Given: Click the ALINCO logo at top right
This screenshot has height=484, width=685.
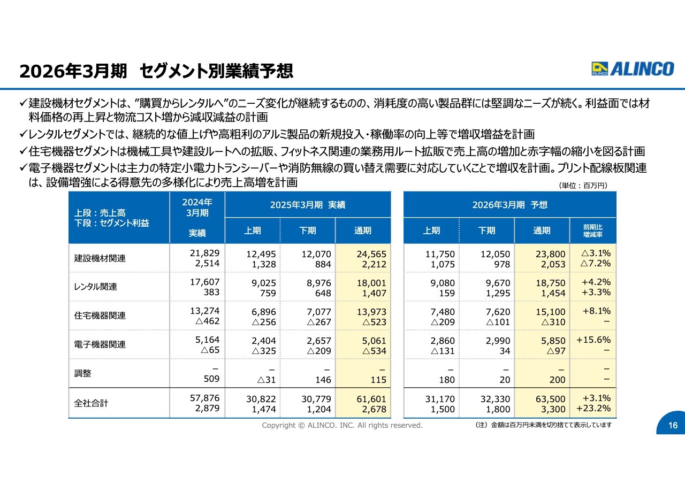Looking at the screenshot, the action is [633, 69].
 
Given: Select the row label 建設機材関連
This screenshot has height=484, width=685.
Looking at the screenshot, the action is [100, 258].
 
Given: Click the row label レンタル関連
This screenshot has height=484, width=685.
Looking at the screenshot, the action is [95, 287].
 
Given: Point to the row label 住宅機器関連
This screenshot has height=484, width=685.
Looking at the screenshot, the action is [100, 316].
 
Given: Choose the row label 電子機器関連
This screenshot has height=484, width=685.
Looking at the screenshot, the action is [100, 344].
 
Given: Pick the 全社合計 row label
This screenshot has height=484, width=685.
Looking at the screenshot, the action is [91, 403].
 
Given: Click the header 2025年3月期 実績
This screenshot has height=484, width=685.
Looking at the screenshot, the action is [308, 205].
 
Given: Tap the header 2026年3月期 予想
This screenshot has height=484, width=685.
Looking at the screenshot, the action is [510, 205].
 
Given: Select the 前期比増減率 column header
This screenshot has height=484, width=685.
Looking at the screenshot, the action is [592, 231].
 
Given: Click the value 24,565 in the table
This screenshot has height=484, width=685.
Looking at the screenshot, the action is [371, 254].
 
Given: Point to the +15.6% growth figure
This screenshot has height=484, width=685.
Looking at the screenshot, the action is [593, 340].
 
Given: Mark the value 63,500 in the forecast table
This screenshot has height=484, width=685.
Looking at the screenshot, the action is [551, 399].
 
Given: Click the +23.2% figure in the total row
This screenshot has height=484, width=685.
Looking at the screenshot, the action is [593, 408].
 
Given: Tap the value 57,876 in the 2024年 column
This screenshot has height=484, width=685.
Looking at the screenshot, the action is [204, 398].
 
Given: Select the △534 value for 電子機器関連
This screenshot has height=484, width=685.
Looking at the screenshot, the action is [374, 351].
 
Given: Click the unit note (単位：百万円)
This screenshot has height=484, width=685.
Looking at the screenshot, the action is [583, 186].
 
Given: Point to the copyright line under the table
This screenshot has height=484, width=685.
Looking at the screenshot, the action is [342, 425].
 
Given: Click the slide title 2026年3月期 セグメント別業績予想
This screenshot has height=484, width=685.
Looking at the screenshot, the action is [156, 71].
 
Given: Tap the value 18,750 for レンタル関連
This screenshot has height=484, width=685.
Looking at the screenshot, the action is [551, 283].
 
